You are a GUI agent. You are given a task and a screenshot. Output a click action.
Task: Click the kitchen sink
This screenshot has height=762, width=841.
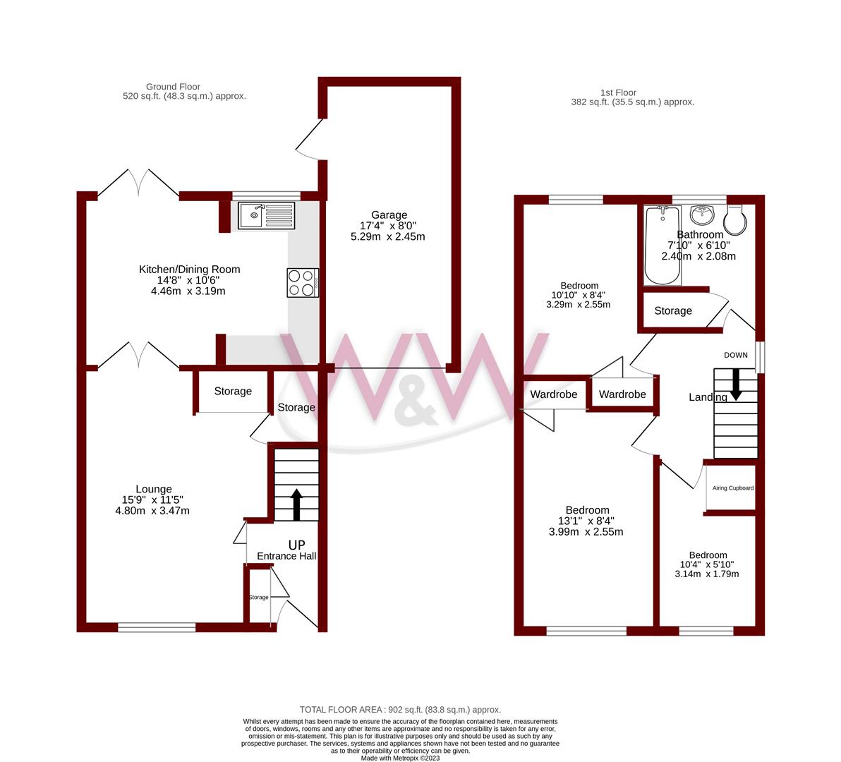(267, 215)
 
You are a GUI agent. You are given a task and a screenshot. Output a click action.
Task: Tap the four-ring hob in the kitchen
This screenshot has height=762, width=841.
(303, 282)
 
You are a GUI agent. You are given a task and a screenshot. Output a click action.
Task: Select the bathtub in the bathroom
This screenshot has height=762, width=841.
(662, 245)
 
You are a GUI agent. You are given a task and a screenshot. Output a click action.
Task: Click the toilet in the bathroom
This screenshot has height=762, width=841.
(736, 219)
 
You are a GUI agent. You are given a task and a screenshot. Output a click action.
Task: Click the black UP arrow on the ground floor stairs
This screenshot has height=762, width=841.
(296, 504)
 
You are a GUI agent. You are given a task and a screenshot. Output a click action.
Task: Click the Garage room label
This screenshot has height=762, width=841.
(389, 215)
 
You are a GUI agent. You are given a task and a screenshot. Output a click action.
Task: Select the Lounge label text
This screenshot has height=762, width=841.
(154, 489)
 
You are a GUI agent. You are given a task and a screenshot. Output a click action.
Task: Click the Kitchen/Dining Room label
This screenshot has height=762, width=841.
(189, 269)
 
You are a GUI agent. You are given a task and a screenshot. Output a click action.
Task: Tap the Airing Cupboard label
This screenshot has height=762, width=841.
(732, 488)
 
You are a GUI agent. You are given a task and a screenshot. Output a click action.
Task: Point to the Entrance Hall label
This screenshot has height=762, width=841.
(286, 556)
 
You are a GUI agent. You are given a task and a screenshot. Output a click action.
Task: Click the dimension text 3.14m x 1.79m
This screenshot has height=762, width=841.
(708, 574)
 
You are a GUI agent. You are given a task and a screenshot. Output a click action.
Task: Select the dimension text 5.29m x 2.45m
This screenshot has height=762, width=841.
(388, 237)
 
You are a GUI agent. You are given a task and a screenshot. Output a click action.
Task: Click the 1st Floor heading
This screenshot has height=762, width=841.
(618, 92)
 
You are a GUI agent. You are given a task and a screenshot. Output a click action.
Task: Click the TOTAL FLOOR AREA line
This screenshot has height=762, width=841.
(400, 710)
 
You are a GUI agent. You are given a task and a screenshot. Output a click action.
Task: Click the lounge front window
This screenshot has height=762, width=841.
(157, 627)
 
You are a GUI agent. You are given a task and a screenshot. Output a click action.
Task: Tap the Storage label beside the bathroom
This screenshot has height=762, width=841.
(672, 310)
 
